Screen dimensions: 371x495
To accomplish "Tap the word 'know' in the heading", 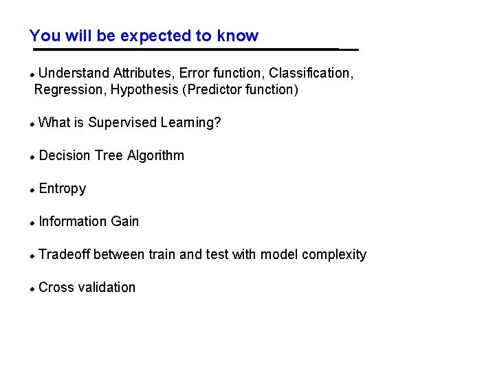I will pyautogui.click(x=238, y=36).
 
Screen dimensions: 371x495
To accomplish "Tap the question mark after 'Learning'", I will pyautogui.click(x=218, y=123).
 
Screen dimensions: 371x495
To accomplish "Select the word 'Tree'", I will pyautogui.click(x=109, y=156).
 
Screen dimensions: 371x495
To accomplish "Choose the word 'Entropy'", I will pyautogui.click(x=63, y=189).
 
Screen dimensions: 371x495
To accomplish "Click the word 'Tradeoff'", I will pyautogui.click(x=65, y=255).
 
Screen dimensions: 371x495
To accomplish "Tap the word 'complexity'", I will pyautogui.click(x=334, y=255).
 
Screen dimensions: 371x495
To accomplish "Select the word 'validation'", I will pyautogui.click(x=107, y=288).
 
